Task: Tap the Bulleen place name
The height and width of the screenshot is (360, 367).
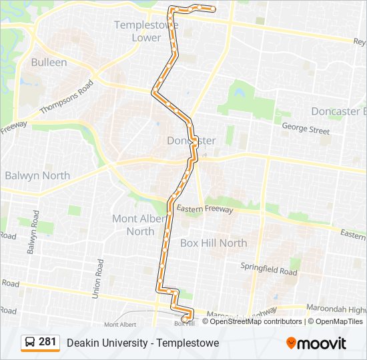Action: (49, 62)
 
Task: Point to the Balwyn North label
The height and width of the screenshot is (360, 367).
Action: (37, 175)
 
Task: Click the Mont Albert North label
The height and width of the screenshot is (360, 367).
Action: (133, 225)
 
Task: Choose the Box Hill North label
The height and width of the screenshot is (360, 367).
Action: (213, 243)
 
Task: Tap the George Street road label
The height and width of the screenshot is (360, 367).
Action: (306, 127)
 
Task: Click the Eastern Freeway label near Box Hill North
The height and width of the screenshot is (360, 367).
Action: (205, 209)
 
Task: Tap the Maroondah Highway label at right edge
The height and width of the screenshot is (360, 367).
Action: (338, 310)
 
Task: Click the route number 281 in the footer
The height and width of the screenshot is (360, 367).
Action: (47, 342)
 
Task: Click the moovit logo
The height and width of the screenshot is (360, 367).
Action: (316, 343)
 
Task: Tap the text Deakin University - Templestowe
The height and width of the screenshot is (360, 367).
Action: (143, 343)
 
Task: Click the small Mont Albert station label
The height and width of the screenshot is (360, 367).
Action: (119, 324)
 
